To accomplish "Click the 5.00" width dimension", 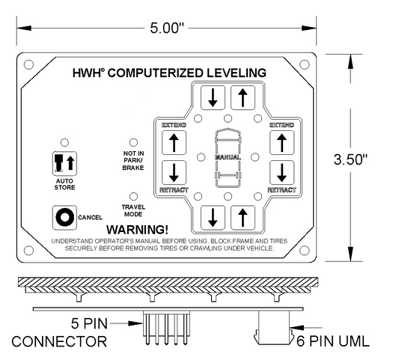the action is (x=167, y=28).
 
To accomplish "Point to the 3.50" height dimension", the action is (x=350, y=159).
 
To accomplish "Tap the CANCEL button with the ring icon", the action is (x=64, y=218).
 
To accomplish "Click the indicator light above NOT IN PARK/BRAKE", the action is (x=133, y=142).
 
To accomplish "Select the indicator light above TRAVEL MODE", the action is (x=133, y=196).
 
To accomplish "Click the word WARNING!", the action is (x=137, y=230).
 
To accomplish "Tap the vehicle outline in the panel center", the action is (x=228, y=158).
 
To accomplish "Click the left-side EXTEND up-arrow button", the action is (x=174, y=143).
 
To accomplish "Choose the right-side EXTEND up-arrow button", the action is (x=282, y=143).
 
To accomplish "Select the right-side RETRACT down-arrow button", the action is (x=282, y=172).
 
